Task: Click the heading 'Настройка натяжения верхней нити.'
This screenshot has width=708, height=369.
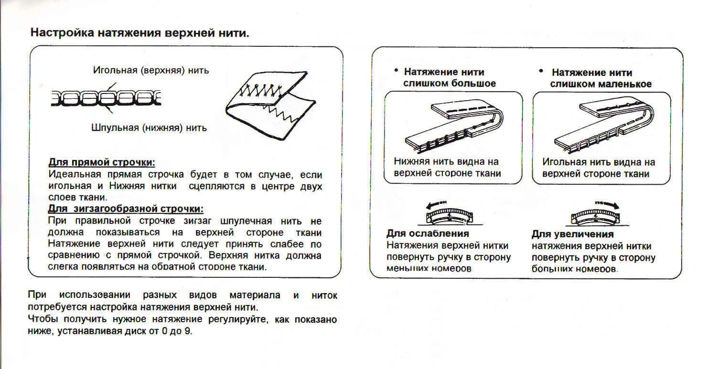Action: coord(139,33)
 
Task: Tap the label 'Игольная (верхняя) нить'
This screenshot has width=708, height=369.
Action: coord(150,70)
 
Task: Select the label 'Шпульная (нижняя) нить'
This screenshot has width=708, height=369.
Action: coord(149,127)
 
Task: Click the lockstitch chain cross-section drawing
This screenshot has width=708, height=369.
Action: coord(106,98)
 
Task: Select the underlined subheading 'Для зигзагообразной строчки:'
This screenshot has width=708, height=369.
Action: coord(126,209)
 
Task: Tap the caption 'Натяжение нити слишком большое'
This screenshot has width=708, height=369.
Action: coord(448,78)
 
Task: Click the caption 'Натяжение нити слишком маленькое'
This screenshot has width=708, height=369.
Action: coord(600,78)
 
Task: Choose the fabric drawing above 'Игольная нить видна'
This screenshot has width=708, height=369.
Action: coord(601,125)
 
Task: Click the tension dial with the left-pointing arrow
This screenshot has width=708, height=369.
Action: coord(448,216)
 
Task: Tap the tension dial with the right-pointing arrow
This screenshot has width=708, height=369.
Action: coord(595,216)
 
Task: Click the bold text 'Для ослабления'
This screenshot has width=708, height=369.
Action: coord(427,234)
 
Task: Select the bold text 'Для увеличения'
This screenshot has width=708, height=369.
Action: coord(572,234)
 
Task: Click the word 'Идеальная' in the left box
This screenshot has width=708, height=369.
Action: coord(71,175)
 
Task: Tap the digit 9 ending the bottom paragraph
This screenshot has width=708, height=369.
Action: coord(187,331)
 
